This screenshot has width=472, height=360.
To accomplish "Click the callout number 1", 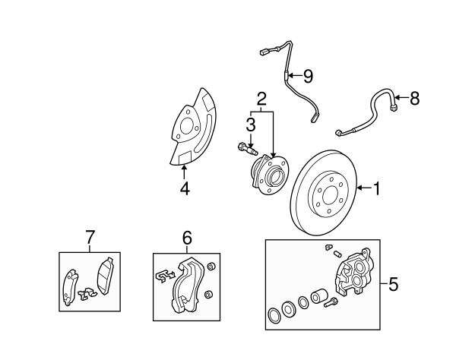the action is [x=376, y=188].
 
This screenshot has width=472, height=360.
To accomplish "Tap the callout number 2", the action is [x=261, y=99].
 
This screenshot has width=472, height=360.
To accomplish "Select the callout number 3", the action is [x=251, y=125].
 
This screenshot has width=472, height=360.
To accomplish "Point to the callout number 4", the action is [x=185, y=188].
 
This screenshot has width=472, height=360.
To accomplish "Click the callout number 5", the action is [x=393, y=284].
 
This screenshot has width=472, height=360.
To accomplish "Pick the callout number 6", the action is [x=187, y=238].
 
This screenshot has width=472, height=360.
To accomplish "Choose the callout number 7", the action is [x=90, y=237].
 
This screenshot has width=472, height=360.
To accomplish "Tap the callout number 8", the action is [x=414, y=98].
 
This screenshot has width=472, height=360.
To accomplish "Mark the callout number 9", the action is [x=308, y=76].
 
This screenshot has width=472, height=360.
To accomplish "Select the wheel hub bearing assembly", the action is [x=269, y=174].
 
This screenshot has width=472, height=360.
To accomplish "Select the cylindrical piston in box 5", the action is [x=319, y=296].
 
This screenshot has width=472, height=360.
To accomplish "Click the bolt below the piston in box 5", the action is [x=331, y=302].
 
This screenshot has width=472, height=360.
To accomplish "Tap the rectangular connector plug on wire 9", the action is [x=264, y=52].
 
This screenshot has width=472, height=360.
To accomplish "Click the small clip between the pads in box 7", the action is [x=87, y=293].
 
